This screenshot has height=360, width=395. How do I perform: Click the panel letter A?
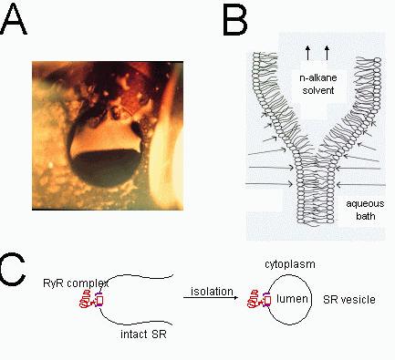click(x=17, y=21)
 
